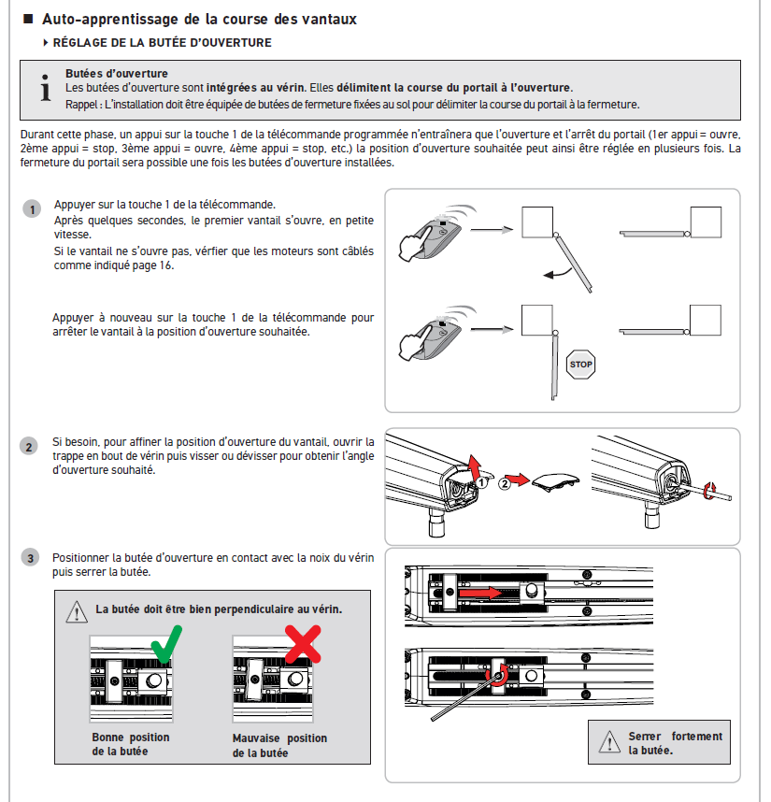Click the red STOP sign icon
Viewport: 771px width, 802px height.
click(580, 364)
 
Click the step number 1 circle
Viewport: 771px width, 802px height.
click(32, 209)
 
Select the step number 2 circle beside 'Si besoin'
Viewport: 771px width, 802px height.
click(30, 447)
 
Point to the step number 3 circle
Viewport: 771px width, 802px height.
click(30, 558)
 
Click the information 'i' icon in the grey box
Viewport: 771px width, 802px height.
click(44, 89)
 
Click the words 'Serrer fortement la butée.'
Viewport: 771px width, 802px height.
click(675, 743)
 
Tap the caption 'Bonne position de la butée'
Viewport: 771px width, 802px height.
click(131, 744)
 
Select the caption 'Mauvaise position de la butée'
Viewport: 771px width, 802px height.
click(279, 745)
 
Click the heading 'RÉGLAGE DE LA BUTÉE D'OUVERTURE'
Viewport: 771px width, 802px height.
click(162, 43)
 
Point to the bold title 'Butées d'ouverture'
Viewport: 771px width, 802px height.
click(117, 73)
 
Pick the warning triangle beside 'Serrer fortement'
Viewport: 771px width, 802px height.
click(608, 743)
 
